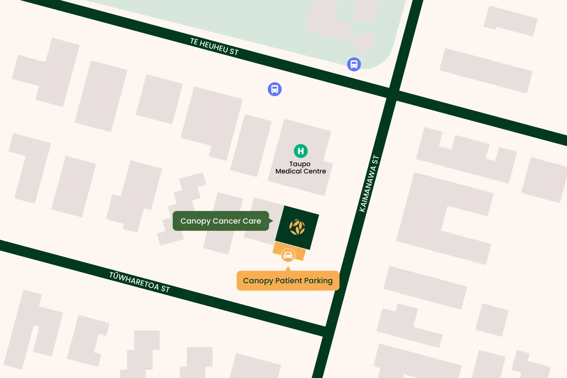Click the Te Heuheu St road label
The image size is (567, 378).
[x=214, y=46]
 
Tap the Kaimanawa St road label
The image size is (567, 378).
[x=369, y=183]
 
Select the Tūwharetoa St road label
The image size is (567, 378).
[x=139, y=282]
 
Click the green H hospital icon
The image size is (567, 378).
[x=301, y=151]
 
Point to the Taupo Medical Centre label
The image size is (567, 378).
[x=300, y=168]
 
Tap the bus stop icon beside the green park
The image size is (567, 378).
[x=354, y=64]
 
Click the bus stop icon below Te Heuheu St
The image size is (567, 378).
[x=275, y=89]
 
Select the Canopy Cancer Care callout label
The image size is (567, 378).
[x=221, y=221]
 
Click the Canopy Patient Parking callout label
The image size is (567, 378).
[x=288, y=281]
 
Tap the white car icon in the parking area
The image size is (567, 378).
[x=288, y=255]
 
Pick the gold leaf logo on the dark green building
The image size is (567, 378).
[x=297, y=227]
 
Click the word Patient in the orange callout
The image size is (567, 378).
[x=288, y=281]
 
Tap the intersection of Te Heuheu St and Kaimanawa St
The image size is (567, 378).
[x=393, y=94]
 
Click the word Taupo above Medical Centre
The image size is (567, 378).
[x=300, y=164]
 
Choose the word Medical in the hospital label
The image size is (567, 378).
[x=289, y=171]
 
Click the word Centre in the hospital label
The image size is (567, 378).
[x=315, y=171]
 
